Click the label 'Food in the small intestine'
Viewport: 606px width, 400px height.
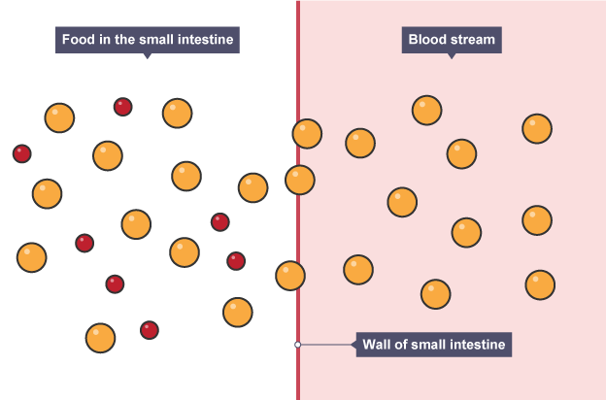point(148,40)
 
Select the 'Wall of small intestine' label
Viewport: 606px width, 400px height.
point(434,344)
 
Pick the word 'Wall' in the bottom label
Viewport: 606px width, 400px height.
point(379,344)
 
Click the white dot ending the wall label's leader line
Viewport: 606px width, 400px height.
point(298,344)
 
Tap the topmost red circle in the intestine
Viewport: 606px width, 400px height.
point(122,107)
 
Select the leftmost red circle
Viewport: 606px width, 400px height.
point(21,153)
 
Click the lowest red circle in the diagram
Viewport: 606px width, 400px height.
point(149,330)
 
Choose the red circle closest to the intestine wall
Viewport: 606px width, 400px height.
point(236,260)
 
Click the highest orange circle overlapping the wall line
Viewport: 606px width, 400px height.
point(307,133)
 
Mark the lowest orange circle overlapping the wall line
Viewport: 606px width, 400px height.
point(289,276)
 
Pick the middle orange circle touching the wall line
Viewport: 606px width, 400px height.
point(299,180)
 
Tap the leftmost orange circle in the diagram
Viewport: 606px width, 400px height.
point(31,257)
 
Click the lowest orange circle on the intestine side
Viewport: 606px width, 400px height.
point(100,338)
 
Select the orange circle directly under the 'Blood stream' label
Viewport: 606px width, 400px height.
point(427,110)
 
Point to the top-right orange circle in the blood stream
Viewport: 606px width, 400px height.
point(537,128)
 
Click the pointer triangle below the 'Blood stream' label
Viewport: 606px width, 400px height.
point(451,55)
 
